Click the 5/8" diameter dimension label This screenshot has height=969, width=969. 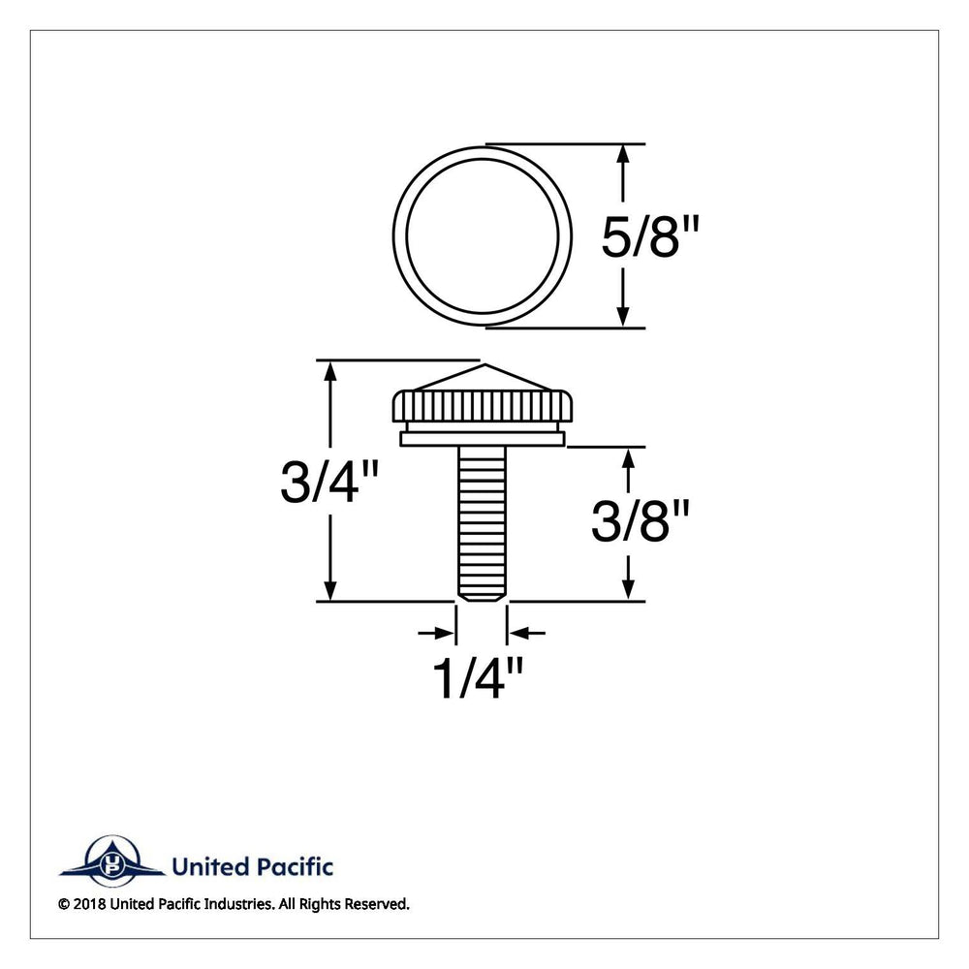650,237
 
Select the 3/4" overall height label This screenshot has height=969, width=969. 328,482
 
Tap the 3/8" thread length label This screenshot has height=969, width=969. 640,521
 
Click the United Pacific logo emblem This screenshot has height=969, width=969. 112,860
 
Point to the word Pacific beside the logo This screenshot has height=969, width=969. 294,866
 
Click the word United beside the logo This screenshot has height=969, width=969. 210,866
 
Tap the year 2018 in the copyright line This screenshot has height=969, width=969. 89,904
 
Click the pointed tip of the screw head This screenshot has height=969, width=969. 483,364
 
